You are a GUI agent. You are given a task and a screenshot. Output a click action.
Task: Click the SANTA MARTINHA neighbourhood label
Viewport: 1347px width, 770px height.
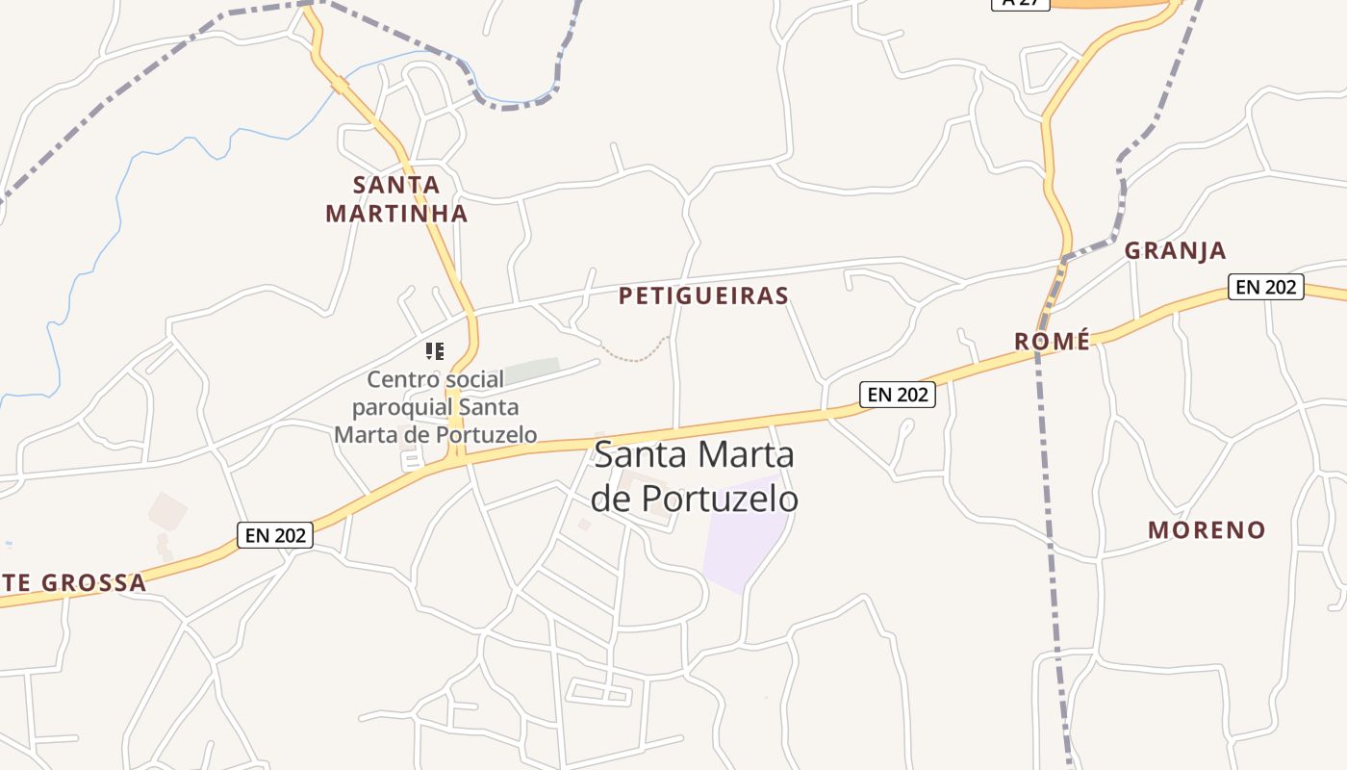pos(396,198)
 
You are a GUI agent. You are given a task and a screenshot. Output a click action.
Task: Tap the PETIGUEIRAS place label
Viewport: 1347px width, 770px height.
pos(703,295)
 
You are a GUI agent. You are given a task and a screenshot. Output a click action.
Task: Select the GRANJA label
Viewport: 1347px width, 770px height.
pos(1175,251)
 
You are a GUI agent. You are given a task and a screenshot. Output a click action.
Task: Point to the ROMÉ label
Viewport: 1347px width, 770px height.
pos(1053,341)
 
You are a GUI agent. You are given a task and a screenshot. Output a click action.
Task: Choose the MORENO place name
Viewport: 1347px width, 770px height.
pos(1207,529)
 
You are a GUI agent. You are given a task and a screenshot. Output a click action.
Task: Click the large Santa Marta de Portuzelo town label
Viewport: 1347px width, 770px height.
pos(694,475)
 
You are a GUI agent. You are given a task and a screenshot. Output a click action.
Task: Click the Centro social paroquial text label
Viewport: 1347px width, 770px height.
pos(435,407)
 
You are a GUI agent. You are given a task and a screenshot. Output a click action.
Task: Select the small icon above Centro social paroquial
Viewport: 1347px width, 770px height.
pos(435,351)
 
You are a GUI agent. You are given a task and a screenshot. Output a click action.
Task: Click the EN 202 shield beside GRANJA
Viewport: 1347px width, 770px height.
pos(1265,287)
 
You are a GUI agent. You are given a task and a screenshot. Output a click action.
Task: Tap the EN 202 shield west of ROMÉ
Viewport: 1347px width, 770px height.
pos(897,394)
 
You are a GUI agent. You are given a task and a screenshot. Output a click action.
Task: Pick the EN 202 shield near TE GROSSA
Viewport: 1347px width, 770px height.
pos(275,535)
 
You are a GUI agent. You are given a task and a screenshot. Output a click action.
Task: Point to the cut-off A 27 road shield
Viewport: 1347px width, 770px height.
pos(1020,4)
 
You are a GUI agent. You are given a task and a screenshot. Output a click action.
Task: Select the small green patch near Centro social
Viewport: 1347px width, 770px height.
pos(532,370)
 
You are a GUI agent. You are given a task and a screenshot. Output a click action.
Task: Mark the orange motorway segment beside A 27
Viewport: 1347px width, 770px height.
pos(1106,4)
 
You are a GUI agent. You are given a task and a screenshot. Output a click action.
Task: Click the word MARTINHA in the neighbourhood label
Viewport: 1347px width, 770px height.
pos(396,213)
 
